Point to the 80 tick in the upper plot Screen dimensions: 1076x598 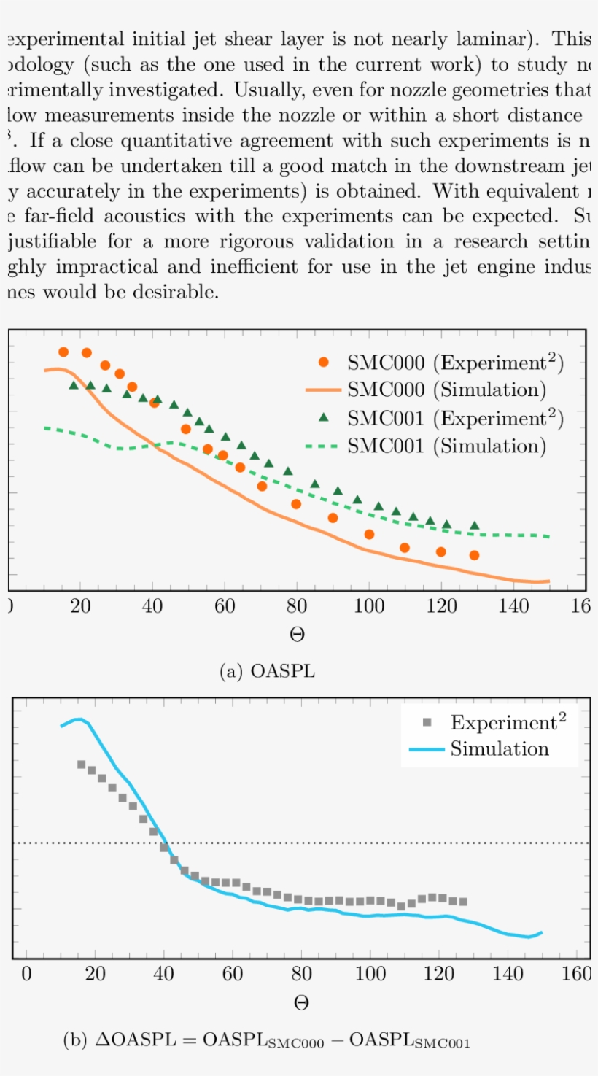[296, 606]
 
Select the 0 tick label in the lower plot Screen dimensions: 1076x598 [26, 975]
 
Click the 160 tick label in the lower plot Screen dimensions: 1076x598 [577, 975]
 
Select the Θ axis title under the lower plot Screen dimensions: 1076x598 [301, 1003]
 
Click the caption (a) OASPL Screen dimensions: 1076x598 [268, 671]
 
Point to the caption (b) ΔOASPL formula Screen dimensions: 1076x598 [267, 1041]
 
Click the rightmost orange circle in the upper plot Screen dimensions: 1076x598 [474, 555]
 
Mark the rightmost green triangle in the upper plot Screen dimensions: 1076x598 [474, 525]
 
